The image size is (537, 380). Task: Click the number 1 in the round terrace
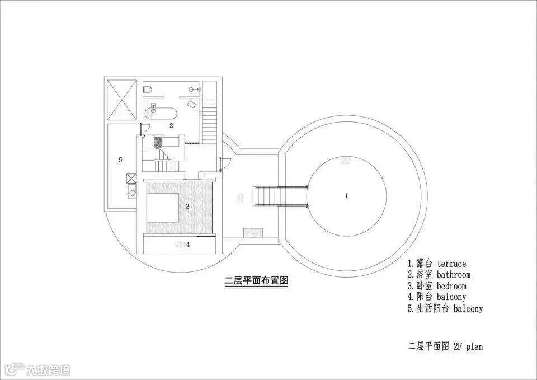(346, 196)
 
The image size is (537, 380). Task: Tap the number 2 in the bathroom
(172, 125)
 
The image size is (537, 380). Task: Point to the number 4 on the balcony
(188, 244)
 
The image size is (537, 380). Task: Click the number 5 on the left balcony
(120, 160)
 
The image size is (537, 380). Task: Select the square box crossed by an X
(121, 100)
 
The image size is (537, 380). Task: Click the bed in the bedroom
(163, 207)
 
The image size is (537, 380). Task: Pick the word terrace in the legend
(451, 264)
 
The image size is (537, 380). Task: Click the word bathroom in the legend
(454, 275)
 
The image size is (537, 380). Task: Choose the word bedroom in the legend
(451, 286)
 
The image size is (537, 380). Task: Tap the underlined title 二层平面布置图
(256, 281)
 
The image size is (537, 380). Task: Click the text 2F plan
(468, 346)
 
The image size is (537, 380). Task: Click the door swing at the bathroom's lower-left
(144, 130)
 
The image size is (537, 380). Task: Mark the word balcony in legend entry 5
(468, 308)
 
